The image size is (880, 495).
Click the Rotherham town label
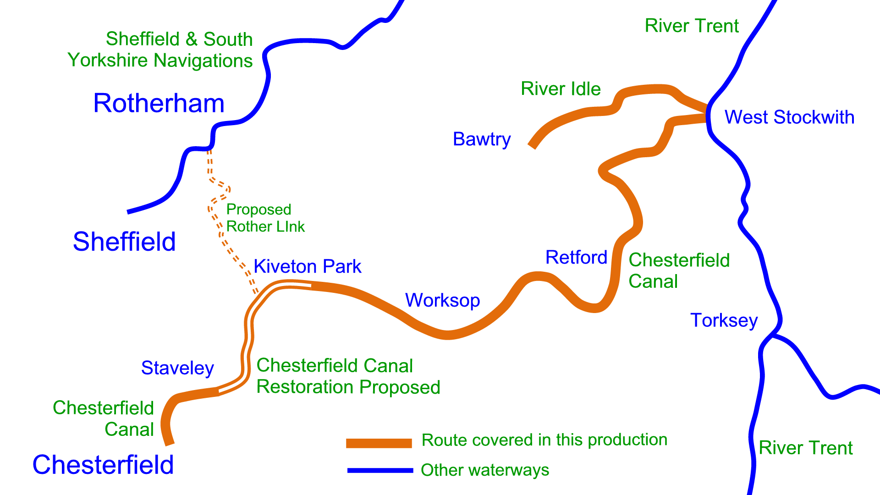[x=159, y=104]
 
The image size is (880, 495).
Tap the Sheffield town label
[x=124, y=242]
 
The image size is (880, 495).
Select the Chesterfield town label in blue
[x=103, y=465]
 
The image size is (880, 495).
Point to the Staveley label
[x=177, y=368]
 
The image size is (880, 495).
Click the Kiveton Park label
[x=308, y=266]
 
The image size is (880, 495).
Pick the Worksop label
[x=442, y=301]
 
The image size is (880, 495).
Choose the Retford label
[x=576, y=258]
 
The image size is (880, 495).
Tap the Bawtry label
[x=481, y=139]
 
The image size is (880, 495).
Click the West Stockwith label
[x=789, y=117]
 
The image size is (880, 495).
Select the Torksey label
[x=724, y=320]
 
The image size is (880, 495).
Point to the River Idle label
[x=561, y=89]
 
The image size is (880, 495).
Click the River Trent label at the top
[x=692, y=26]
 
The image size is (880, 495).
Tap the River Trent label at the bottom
[x=805, y=448]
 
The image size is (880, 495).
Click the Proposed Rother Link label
[x=265, y=218]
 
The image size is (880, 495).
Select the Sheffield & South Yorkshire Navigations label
[x=160, y=50]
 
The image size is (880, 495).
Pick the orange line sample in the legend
[x=379, y=443]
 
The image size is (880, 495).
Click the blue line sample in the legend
[x=380, y=470]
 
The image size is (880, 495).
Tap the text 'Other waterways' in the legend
[x=485, y=470]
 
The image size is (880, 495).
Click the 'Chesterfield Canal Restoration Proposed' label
[x=348, y=376]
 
